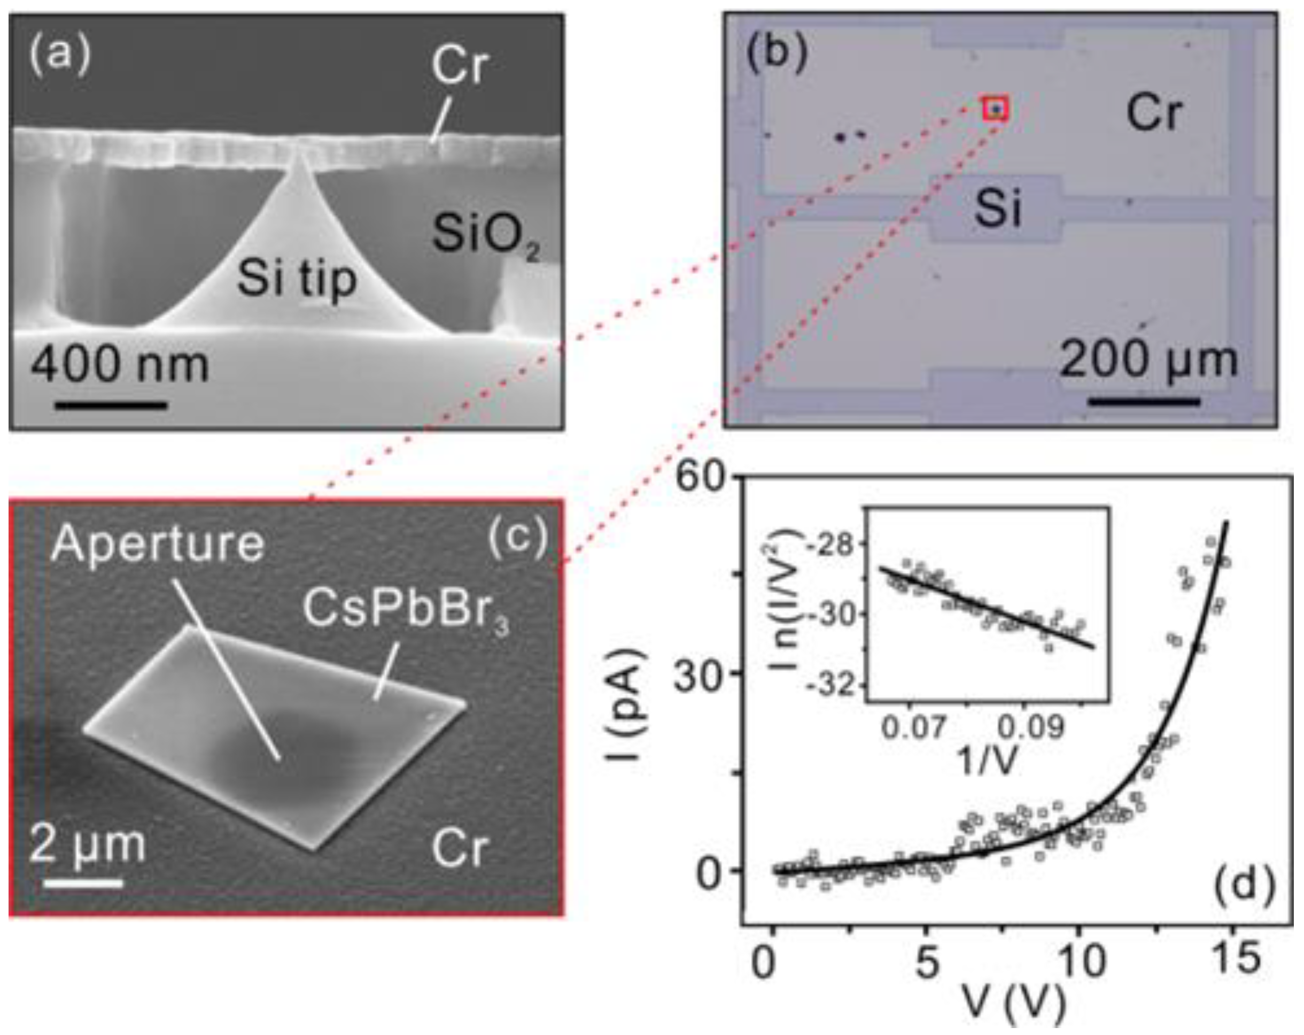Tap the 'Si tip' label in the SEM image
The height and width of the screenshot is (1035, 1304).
coord(297,279)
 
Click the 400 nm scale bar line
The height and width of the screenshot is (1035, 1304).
coord(111,405)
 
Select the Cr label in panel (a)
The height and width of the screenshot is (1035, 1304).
coord(459,66)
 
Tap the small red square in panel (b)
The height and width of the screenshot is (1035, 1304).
coord(996,109)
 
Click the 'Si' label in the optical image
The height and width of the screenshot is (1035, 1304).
coord(997,209)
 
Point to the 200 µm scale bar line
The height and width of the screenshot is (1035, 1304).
coord(1143,401)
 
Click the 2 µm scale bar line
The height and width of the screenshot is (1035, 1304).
coord(83,884)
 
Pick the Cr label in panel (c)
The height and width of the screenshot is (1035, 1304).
coord(459,848)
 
